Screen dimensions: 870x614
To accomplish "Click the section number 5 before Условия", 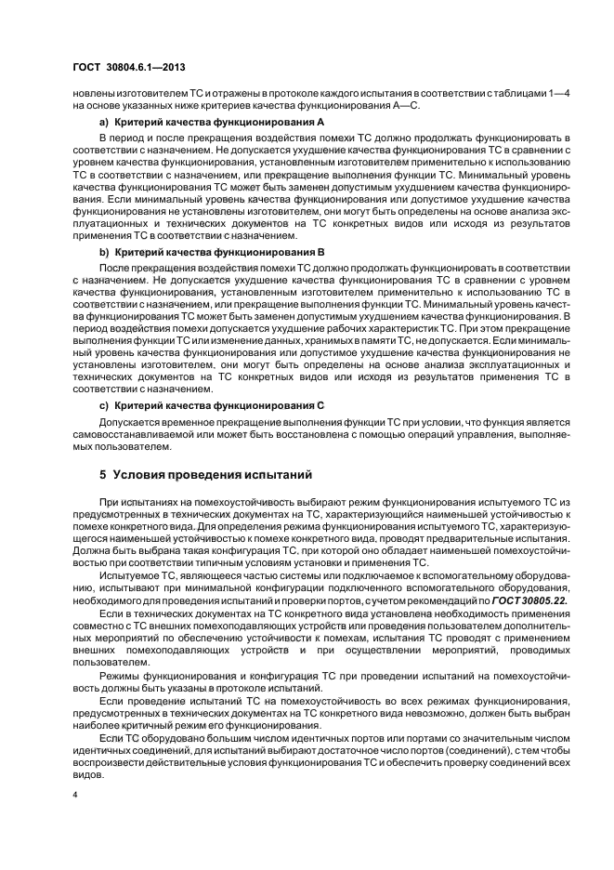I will click(103, 475).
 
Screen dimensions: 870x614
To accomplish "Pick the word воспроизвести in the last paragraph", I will click(111, 759).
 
